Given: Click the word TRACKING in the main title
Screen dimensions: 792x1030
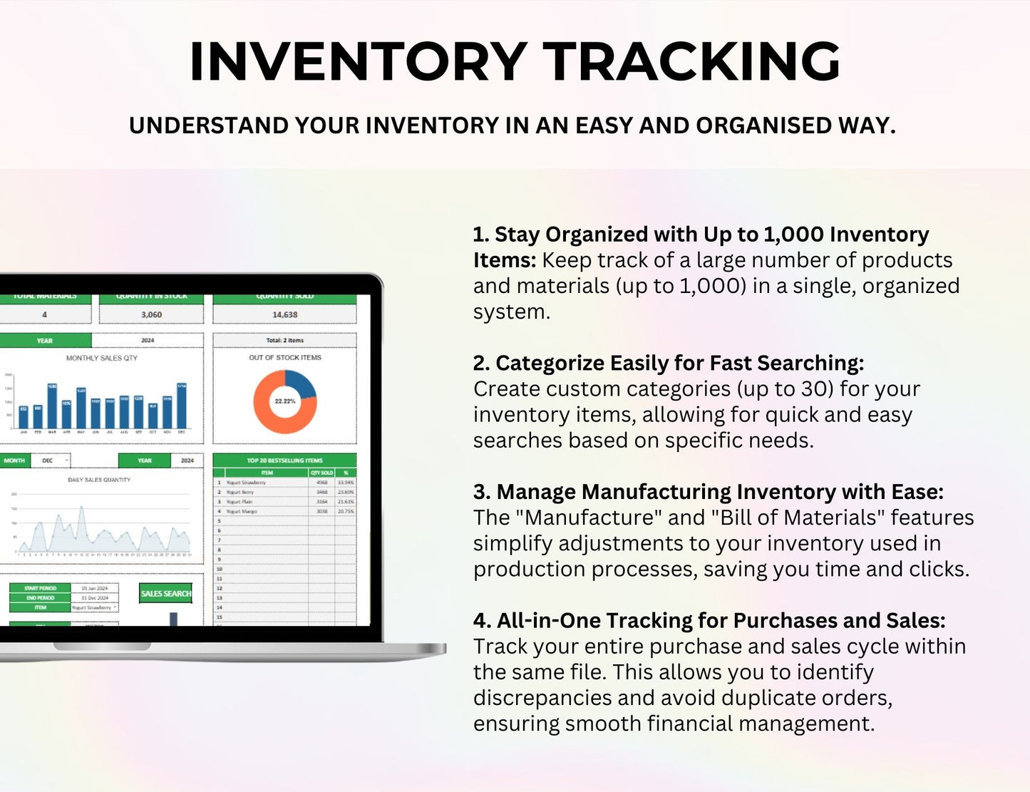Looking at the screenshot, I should (694, 62).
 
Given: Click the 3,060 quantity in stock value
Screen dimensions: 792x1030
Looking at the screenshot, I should (151, 314).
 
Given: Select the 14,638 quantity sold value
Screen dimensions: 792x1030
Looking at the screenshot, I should (284, 314).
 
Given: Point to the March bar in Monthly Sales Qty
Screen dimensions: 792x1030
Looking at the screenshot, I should (52, 407).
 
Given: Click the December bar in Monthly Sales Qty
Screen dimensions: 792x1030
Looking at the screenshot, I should (181, 406).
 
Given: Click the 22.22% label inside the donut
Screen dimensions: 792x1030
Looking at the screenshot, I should (284, 401).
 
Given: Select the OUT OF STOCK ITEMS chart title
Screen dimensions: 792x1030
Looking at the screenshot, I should (284, 358).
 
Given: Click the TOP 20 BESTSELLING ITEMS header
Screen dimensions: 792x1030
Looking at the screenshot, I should (284, 461).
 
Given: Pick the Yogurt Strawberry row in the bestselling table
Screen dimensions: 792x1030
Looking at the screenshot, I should (264, 483).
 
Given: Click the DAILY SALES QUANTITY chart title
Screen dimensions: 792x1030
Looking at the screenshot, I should (99, 480).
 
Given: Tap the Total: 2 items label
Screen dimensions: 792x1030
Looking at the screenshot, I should (284, 340).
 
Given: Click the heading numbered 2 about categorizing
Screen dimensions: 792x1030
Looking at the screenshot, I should (668, 364).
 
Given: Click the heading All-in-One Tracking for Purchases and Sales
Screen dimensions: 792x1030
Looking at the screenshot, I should (709, 621).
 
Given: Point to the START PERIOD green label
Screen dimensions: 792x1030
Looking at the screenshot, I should (41, 588).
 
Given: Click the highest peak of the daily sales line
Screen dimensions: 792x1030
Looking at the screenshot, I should (82, 507).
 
